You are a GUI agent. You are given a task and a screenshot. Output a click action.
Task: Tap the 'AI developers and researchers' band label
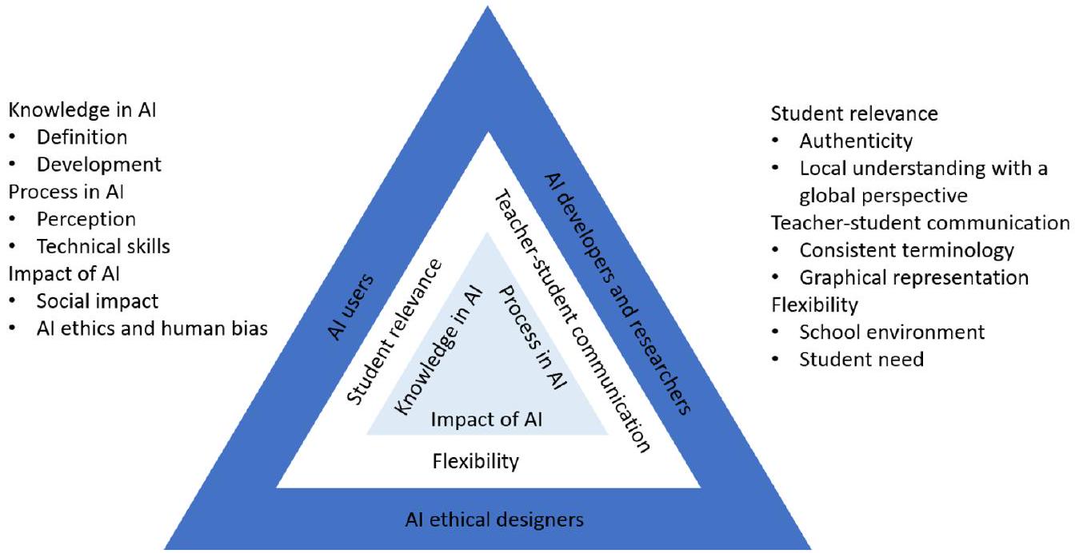tap(617, 293)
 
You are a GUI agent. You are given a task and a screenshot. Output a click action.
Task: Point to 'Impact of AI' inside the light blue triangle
tap(486, 420)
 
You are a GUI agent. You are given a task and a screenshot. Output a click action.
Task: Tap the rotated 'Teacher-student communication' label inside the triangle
tap(569, 320)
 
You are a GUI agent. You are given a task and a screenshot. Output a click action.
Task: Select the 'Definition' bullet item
tap(82, 137)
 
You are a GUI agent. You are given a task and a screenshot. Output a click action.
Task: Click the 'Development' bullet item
tap(98, 165)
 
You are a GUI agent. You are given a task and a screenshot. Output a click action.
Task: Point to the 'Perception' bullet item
tap(86, 219)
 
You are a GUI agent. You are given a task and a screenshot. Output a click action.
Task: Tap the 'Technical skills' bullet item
tap(103, 246)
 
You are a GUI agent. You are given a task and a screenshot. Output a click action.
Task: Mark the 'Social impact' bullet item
tap(98, 301)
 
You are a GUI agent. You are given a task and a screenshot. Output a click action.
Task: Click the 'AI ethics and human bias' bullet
tap(151, 328)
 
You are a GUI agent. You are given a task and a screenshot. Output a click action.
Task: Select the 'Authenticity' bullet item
tap(855, 142)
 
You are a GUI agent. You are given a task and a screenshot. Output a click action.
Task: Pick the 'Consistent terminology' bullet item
tap(906, 250)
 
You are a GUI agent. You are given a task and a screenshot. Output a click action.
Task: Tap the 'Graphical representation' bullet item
tap(913, 277)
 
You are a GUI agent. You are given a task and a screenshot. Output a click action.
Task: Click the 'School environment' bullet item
tap(892, 332)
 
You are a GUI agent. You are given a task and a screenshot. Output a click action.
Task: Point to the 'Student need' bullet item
tap(861, 360)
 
